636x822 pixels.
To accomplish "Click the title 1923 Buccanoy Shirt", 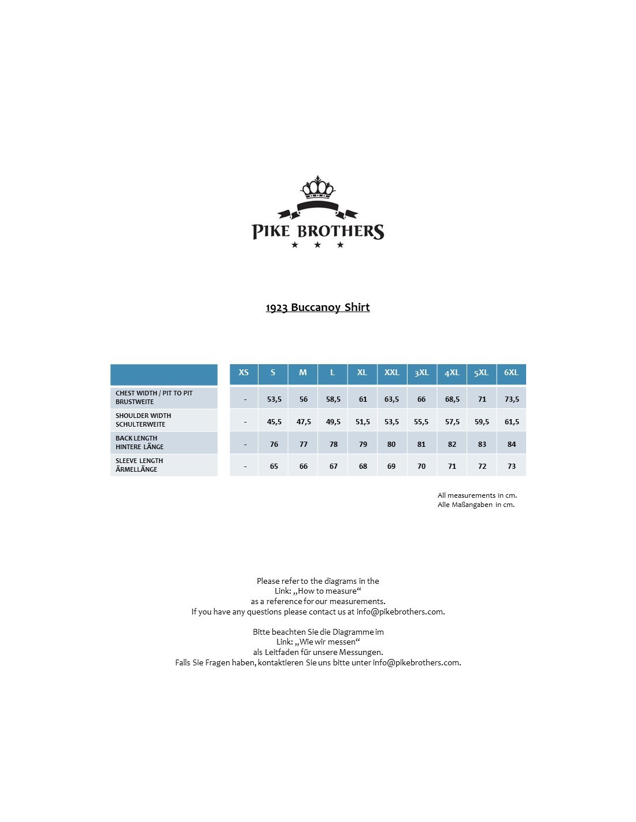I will [317, 308].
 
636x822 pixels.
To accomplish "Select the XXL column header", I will [391, 373].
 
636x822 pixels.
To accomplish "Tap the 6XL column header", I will [511, 373].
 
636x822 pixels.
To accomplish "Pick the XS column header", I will [244, 373].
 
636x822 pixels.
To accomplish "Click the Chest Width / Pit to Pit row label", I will [154, 397].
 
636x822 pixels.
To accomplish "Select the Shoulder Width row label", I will [143, 420].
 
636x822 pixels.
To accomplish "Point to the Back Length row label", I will [139, 442].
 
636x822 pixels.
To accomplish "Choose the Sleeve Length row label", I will [139, 465].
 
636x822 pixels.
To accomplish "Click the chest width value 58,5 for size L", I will [333, 399].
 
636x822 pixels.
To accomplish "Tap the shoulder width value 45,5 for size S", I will [274, 422].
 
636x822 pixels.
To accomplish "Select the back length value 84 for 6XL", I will [511, 445].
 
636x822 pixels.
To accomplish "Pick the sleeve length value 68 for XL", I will [363, 466].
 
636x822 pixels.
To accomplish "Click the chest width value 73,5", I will [512, 399].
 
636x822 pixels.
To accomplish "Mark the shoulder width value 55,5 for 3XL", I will [421, 422].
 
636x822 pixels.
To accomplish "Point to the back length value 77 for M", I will [304, 445].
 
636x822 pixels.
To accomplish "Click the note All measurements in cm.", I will [477, 495].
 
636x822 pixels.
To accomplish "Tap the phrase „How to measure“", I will [327, 591].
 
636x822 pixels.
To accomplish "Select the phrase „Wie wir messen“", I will [327, 642].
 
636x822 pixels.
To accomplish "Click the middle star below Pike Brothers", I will [317, 245].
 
